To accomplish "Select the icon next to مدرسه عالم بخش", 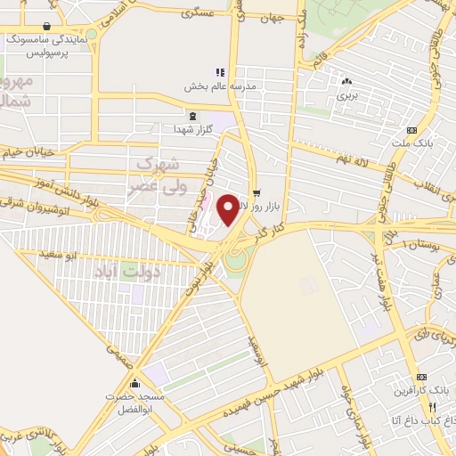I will click(217, 72).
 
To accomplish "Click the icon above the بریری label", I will click(346, 80).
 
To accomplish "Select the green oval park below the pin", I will click(234, 260).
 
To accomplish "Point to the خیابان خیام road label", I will click(36, 153).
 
